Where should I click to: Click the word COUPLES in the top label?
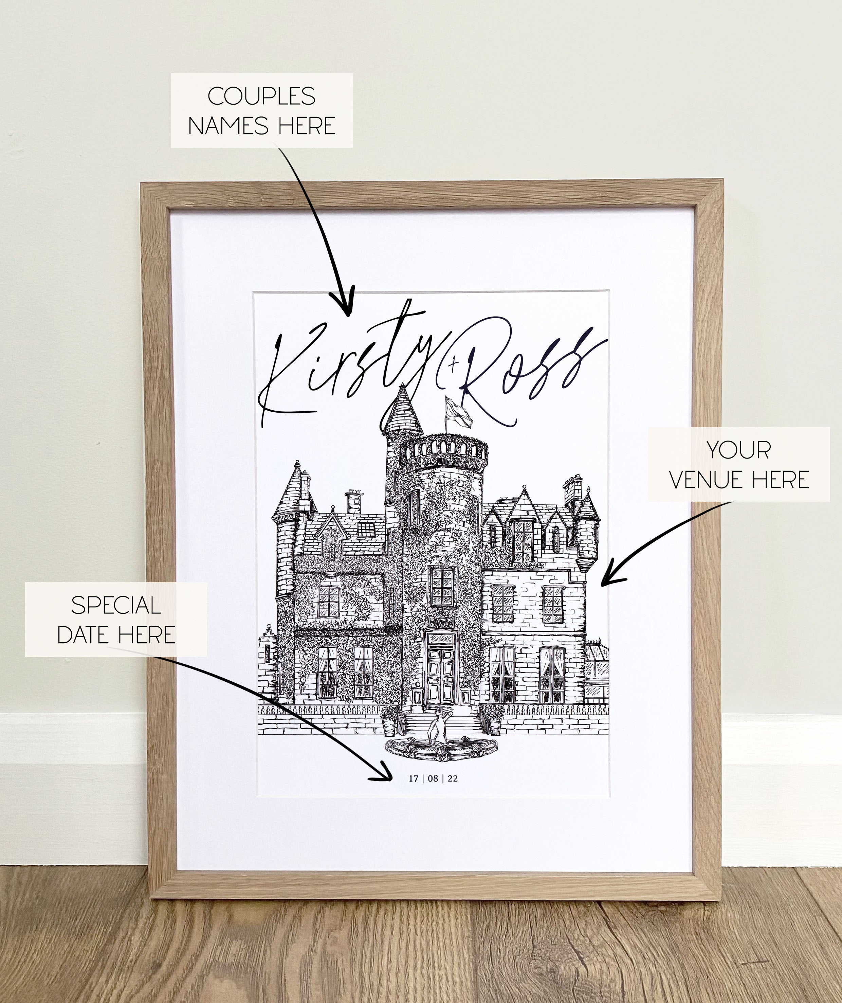point(261,96)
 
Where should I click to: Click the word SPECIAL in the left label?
point(116,606)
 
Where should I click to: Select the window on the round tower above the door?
point(441,586)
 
